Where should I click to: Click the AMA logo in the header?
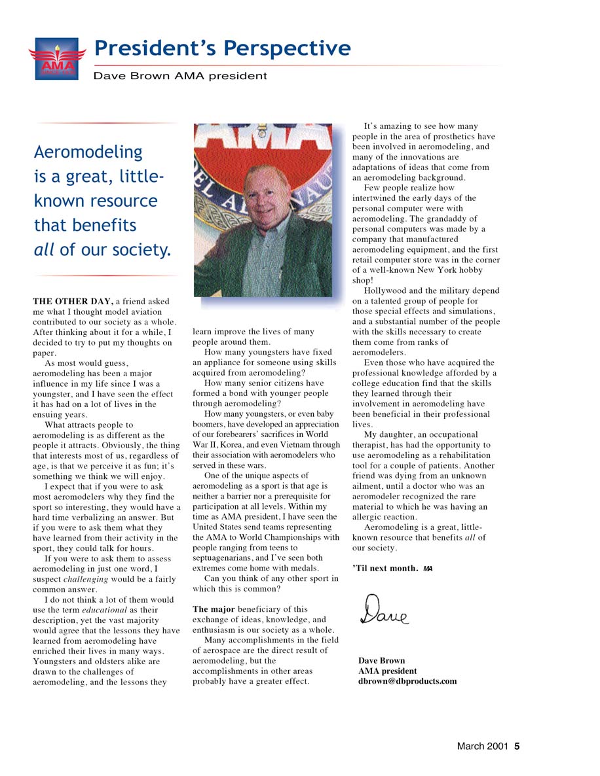coord(57,58)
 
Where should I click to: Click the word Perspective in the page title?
coord(287,48)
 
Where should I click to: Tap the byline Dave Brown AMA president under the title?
coord(180,76)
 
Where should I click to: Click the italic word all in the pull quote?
coord(45,249)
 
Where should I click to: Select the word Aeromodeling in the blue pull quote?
coord(88,152)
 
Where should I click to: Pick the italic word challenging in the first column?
coord(89,579)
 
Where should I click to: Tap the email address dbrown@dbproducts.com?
coord(407,681)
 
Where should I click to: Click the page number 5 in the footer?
coord(517,746)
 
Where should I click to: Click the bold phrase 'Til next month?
coord(385,568)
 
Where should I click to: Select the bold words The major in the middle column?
coord(214,609)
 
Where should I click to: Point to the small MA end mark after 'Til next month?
coord(428,569)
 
